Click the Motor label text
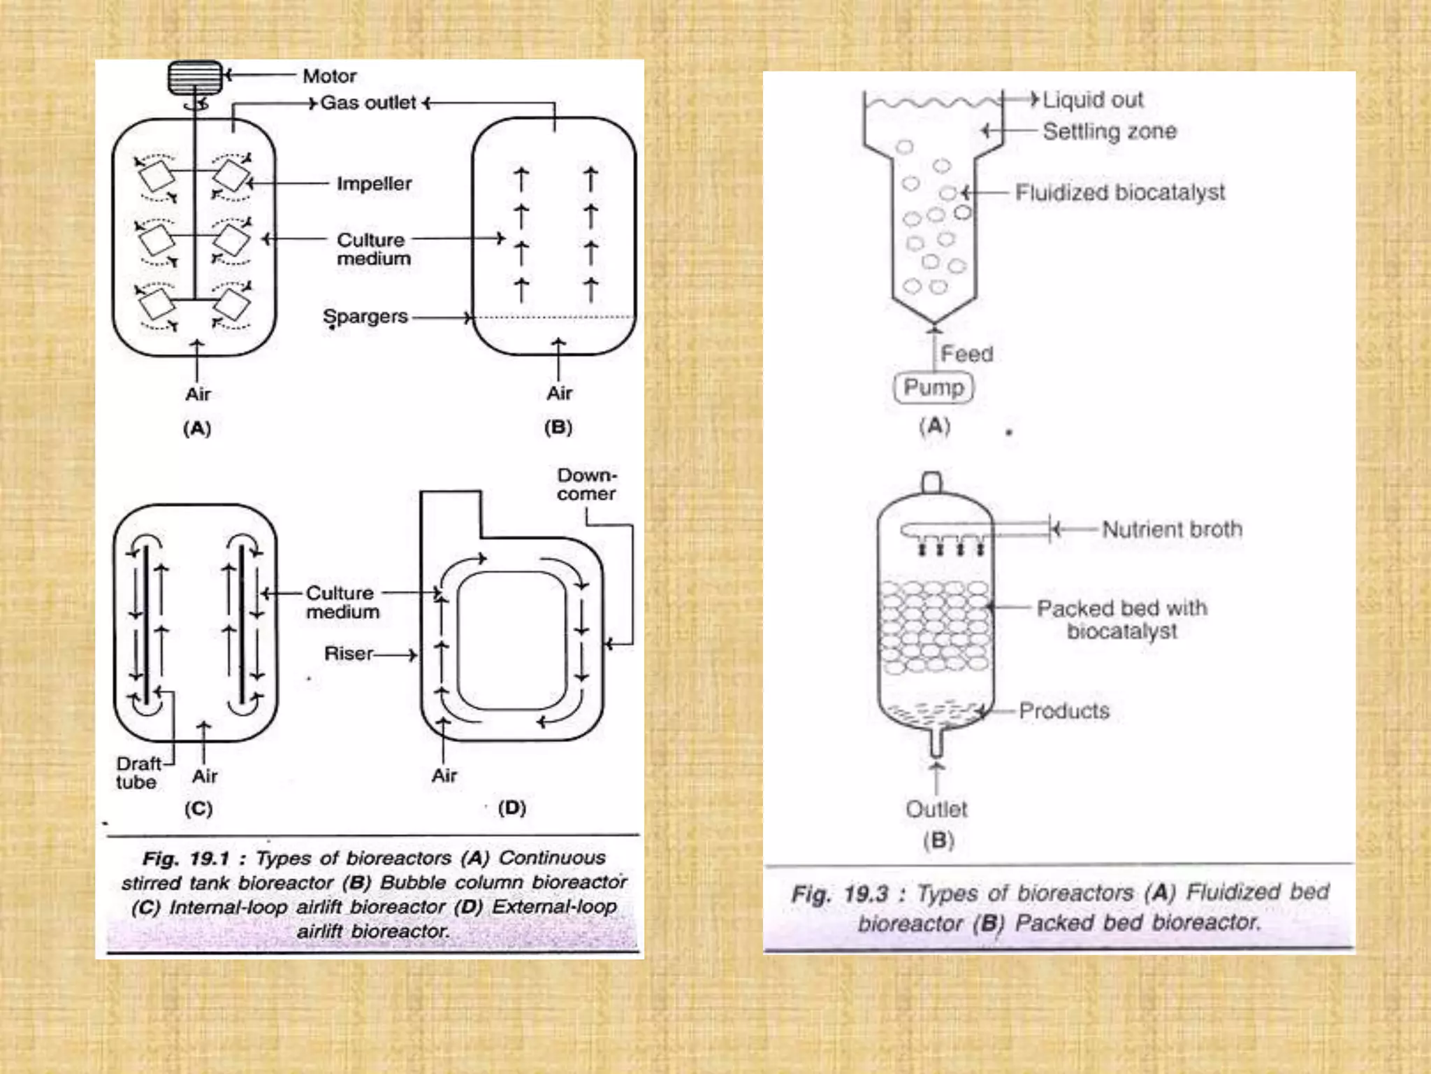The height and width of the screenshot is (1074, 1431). click(x=329, y=76)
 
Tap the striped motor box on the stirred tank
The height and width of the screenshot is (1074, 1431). click(x=195, y=77)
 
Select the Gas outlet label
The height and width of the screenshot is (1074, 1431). click(x=368, y=103)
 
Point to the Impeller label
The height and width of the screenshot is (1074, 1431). click(x=374, y=184)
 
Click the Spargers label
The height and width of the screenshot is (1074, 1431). click(x=365, y=317)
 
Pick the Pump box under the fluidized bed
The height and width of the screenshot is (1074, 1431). click(x=933, y=387)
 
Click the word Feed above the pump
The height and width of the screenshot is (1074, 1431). click(x=966, y=354)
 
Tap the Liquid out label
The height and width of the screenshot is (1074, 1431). click(x=1093, y=100)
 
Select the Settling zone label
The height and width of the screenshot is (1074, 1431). click(x=1110, y=131)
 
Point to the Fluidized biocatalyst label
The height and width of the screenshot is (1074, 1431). click(x=1119, y=192)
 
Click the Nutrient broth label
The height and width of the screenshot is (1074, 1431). click(x=1172, y=529)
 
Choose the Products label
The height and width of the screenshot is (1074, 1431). click(x=1064, y=711)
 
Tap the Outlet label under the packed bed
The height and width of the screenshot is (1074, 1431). click(x=936, y=809)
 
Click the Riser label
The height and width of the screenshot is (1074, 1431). click(x=348, y=654)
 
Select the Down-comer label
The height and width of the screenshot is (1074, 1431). click(x=587, y=484)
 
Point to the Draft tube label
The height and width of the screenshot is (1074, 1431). click(x=138, y=773)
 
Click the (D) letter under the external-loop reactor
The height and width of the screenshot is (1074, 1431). click(x=512, y=808)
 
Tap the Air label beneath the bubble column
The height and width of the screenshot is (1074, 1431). click(x=559, y=393)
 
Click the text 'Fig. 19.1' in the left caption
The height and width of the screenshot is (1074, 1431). click(x=185, y=858)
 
